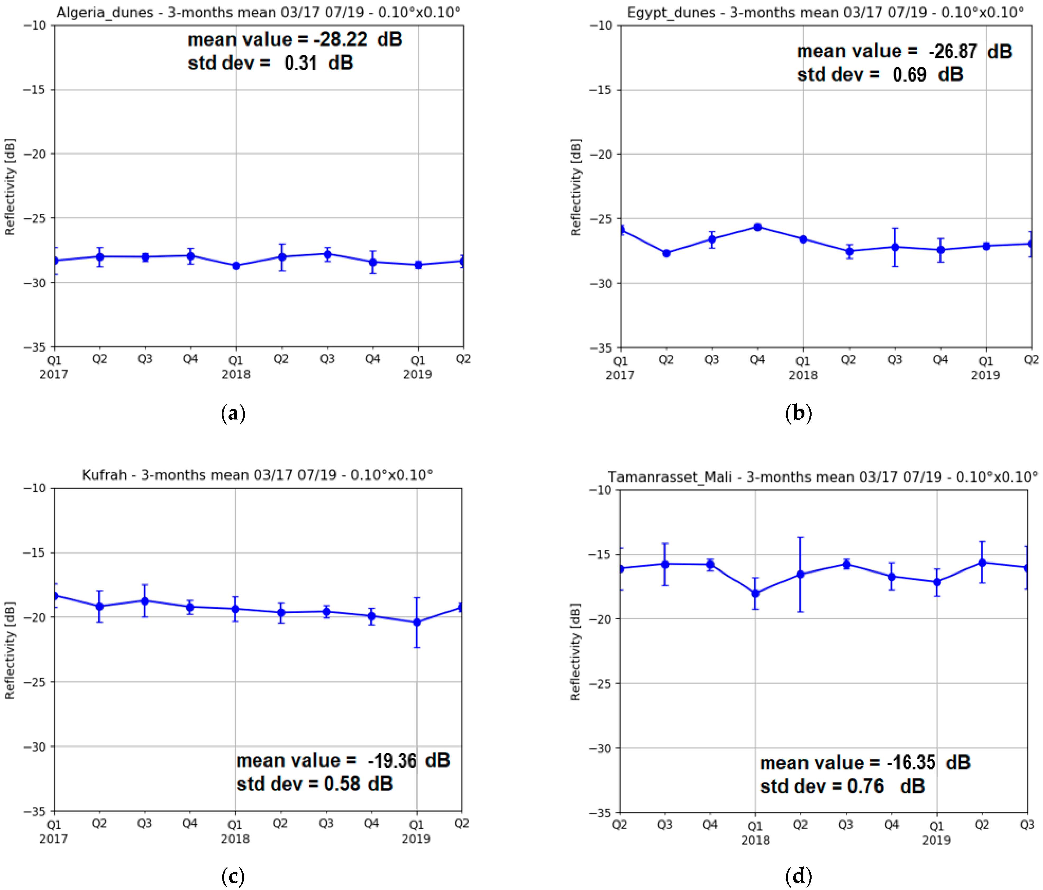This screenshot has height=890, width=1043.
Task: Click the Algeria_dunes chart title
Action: (258, 12)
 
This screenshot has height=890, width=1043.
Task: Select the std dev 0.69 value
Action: (909, 75)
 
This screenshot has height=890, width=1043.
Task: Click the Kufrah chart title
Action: (257, 475)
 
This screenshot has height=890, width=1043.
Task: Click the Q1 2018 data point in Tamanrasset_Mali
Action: (755, 593)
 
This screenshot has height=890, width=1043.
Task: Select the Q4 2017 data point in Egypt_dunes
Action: (757, 227)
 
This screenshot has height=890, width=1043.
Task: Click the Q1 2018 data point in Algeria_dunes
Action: (236, 266)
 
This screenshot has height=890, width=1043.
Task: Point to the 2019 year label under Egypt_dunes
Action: (985, 375)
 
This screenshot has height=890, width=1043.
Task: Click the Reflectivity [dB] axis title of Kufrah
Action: (10, 650)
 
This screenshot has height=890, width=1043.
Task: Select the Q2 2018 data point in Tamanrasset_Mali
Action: (800, 574)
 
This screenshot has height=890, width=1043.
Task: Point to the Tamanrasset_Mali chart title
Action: (822, 477)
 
